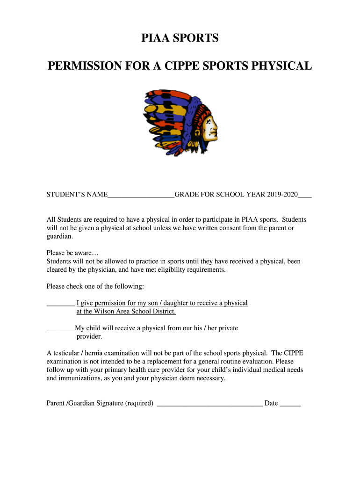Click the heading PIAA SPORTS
180,38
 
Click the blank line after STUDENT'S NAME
141,195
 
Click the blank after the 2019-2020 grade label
305,195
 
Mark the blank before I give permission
60,304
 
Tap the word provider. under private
89,336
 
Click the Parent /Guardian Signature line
209,404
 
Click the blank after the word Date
290,404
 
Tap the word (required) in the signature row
139,403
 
